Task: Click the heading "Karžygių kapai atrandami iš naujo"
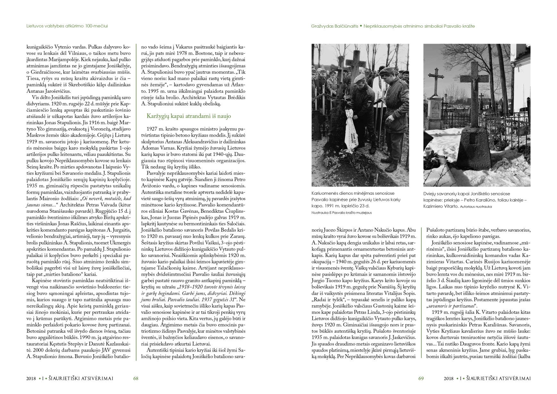click(189, 116)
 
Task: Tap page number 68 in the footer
click(136, 378)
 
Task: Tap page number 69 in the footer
click(421, 378)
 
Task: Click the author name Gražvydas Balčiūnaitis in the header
click(334, 26)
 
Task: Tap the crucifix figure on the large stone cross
click(471, 85)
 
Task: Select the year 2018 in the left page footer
click(31, 378)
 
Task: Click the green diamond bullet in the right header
click(361, 26)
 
